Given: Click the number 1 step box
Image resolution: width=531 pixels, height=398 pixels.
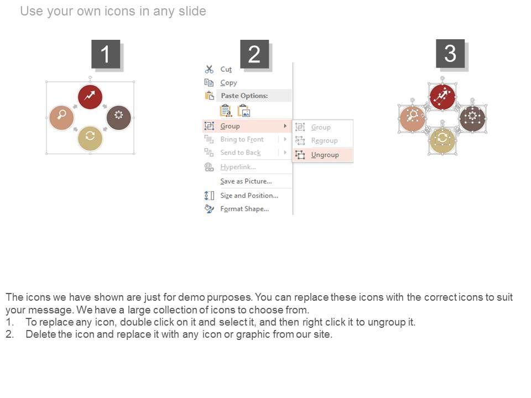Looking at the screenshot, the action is point(106,54).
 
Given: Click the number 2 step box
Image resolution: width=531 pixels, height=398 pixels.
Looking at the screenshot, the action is point(254,54).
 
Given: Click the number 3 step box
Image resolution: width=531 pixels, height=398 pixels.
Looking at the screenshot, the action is point(450,54).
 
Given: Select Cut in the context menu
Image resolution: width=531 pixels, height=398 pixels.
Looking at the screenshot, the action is point(226,70).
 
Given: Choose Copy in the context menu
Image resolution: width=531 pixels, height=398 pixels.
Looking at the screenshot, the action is point(228,82).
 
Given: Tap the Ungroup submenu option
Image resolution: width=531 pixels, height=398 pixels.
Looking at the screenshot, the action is point(325,155).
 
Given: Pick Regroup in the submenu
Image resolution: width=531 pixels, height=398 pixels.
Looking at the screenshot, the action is point(324,140).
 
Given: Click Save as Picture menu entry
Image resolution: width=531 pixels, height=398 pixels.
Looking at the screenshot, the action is point(246,181).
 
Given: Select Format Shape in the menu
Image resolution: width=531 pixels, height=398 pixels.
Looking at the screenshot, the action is point(244,209).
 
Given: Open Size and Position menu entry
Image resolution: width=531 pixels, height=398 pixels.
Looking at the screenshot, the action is point(249,196).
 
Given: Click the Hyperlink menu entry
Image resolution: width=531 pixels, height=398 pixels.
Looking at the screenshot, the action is point(238,167).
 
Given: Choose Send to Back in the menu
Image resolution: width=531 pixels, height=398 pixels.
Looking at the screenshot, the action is point(241,153).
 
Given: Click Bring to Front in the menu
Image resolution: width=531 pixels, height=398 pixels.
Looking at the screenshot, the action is point(242,139).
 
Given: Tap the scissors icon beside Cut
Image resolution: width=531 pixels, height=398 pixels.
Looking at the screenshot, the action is point(209,70).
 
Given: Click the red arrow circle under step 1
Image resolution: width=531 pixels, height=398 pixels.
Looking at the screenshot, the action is point(90,97).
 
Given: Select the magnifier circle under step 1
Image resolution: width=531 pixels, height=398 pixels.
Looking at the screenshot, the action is point(61,117).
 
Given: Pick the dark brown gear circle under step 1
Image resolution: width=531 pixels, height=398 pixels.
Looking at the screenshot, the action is point(118,117).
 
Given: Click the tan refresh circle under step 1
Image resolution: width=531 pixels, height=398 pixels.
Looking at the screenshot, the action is point(90,138).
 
